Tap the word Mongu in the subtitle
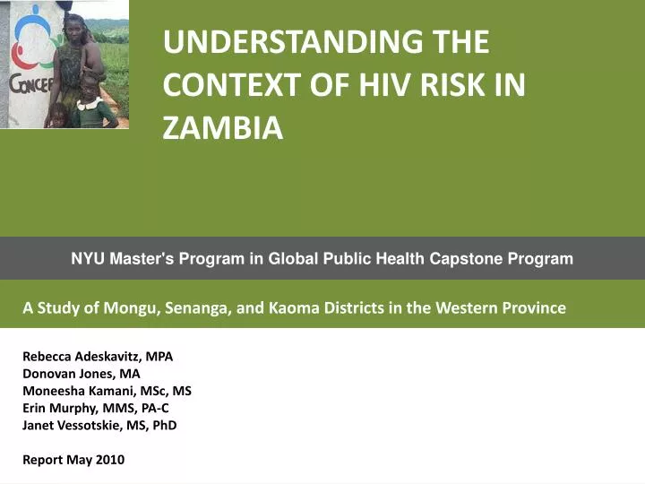click(133, 307)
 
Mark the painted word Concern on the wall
click(29, 85)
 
